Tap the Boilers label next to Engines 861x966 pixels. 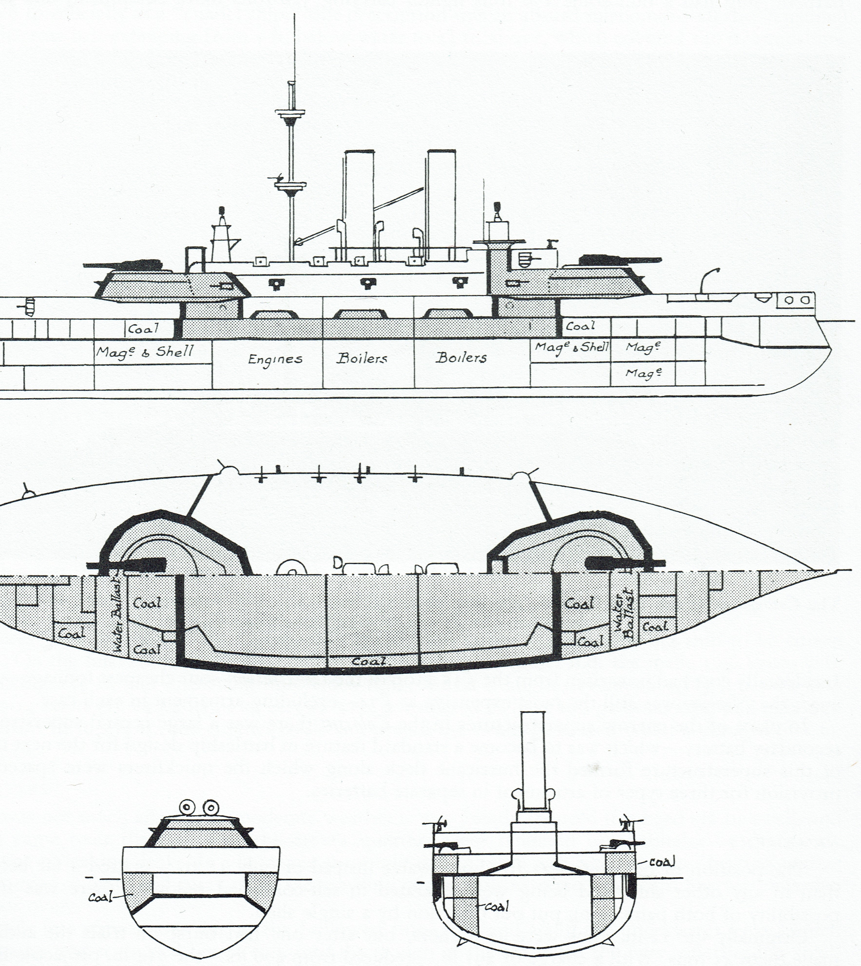click(x=362, y=358)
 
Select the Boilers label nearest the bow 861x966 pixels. click(x=461, y=357)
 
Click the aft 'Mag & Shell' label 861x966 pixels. click(x=145, y=352)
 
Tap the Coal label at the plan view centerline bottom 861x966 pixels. click(x=369, y=661)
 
